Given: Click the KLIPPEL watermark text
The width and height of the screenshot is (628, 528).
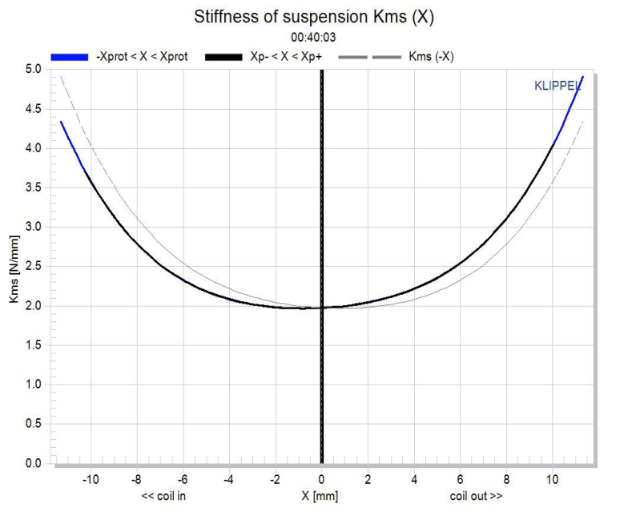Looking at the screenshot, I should click(x=558, y=86).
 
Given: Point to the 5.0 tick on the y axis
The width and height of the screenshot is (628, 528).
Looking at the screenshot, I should click(x=33, y=70).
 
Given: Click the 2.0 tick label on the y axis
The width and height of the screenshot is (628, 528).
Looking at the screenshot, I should click(x=33, y=306).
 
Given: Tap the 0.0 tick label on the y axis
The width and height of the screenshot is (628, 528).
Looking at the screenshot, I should click(x=33, y=464).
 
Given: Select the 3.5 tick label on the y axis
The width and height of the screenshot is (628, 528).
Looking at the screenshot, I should click(x=33, y=187).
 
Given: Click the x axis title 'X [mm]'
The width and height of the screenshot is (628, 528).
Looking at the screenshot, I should click(x=320, y=496).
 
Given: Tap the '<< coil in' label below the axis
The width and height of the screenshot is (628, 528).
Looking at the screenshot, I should click(x=164, y=496).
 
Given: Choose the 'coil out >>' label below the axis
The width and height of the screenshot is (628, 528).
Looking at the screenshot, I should click(x=476, y=496).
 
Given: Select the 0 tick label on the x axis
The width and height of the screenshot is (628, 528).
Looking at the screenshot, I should click(x=321, y=479).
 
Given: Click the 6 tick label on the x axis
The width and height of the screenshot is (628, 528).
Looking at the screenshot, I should click(x=460, y=479).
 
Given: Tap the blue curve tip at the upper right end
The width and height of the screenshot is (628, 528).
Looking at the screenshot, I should click(x=582, y=79).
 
